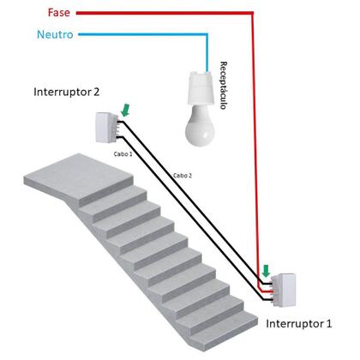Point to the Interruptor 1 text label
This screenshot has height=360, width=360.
coord(300,323)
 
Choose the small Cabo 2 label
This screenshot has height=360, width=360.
coord(183,175)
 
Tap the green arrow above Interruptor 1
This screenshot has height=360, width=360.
coord(267,272)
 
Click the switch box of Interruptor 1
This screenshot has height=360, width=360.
coord(284,290)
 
